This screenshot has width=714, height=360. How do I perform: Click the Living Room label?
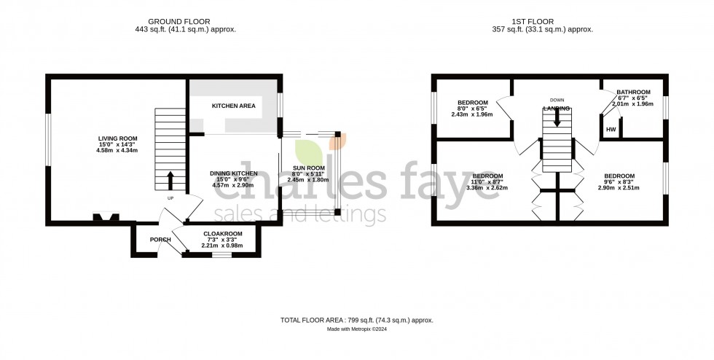pyautogui.click(x=118, y=138)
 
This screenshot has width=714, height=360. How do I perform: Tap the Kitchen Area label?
pyautogui.click(x=233, y=106)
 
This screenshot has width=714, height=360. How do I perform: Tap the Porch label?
pyautogui.click(x=160, y=240)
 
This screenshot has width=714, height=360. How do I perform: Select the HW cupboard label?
pyautogui.click(x=610, y=130)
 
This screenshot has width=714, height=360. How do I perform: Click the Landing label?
pyautogui.click(x=557, y=109)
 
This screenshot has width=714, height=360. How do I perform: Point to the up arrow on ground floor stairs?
pyautogui.click(x=171, y=178)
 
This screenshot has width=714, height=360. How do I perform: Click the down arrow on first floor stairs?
pyautogui.click(x=557, y=120)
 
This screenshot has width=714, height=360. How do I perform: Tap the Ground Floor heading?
pyautogui.click(x=195, y=21)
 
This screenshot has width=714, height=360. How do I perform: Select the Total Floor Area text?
pyautogui.click(x=357, y=320)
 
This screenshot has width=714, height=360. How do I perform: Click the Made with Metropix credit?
pyautogui.click(x=357, y=329)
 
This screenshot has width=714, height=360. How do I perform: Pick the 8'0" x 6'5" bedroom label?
pyautogui.click(x=471, y=103)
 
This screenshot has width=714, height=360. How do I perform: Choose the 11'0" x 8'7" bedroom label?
pyautogui.click(x=487, y=176)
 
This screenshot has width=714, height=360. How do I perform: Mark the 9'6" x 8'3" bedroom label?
pyautogui.click(x=619, y=176)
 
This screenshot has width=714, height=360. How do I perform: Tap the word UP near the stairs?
pyautogui.click(x=170, y=198)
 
